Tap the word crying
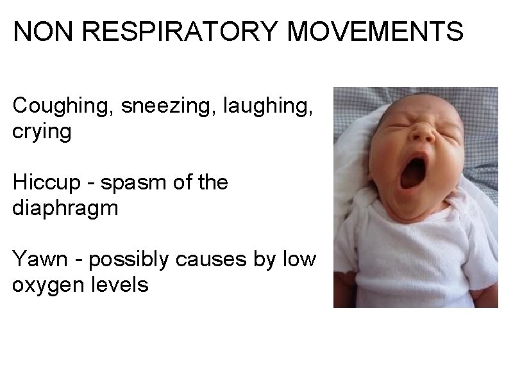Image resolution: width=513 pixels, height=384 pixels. pos(42,132)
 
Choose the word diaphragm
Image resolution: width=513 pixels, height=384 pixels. pos(65,209)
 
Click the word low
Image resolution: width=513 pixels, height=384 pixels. pos(299,259)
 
